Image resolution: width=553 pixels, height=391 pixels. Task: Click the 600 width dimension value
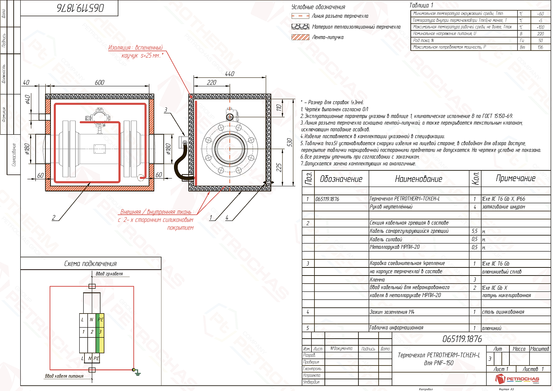coord(100,83)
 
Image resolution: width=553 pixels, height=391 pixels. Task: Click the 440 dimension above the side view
coord(229,74)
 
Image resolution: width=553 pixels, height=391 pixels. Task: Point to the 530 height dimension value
coord(290,142)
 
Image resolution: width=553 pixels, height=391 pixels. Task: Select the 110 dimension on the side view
coord(279,108)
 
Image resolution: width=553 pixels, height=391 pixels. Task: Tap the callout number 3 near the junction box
coord(166,110)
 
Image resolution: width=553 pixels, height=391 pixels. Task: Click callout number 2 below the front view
coord(54,217)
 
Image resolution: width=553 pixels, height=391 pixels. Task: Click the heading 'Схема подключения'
coord(90,264)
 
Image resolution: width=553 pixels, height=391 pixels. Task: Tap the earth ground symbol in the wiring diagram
coord(137,373)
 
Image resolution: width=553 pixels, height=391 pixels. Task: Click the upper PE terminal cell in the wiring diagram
coord(100,319)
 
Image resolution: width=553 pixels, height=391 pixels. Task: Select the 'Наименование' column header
coord(418,179)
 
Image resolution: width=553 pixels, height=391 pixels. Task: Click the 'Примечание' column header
coord(515,179)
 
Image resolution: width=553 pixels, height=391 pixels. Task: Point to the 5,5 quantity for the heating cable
coord(475,231)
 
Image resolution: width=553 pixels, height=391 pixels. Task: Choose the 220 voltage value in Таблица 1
coord(540,34)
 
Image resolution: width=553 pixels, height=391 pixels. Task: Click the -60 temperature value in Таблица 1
coord(540,14)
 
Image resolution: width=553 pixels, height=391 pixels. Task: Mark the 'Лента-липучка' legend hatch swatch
coord(300,37)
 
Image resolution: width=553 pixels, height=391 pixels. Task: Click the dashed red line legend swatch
coord(300,16)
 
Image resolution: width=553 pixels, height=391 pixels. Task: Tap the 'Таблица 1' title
coord(421,5)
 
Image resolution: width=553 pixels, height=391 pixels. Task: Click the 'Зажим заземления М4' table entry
coord(392,312)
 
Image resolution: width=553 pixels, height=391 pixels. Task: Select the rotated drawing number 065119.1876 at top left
coord(80,8)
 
